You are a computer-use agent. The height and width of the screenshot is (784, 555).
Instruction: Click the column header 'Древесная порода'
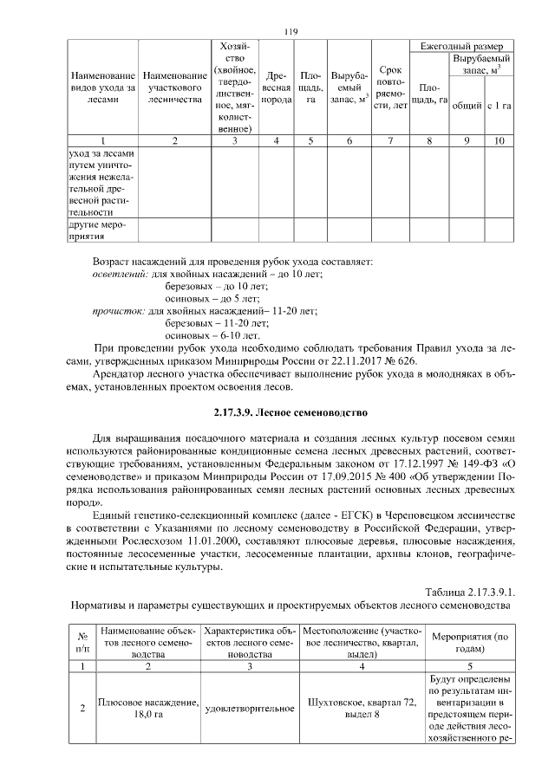pos(276,87)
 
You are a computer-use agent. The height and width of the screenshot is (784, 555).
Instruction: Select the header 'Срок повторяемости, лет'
pos(388,87)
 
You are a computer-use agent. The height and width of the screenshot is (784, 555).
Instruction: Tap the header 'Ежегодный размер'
pos(461,45)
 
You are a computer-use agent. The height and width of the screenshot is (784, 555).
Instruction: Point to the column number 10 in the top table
pos(498,140)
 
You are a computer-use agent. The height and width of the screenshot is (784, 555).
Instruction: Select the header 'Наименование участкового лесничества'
pos(175,87)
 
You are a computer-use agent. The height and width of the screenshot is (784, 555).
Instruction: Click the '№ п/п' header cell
pos(82,641)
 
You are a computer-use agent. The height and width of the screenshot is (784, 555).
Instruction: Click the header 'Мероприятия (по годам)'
pos(470,641)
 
